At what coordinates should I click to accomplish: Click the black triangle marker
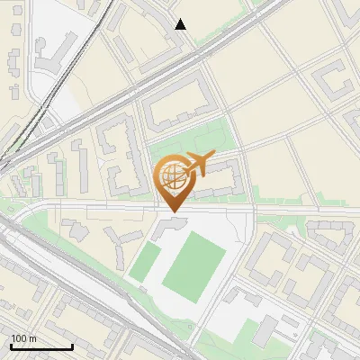tap(181, 24)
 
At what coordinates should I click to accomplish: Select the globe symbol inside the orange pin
tap(173, 175)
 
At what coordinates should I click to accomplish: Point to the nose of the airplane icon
tap(214, 157)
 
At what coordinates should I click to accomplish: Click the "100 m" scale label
tap(23, 338)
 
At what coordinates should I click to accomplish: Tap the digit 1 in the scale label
tap(13, 338)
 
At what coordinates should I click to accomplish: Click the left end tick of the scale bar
tap(11, 346)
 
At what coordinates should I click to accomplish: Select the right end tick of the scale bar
tap(72, 346)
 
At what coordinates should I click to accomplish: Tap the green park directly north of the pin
tap(193, 139)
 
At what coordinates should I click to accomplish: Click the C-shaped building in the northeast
tap(336, 82)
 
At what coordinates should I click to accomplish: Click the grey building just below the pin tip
tap(167, 226)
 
